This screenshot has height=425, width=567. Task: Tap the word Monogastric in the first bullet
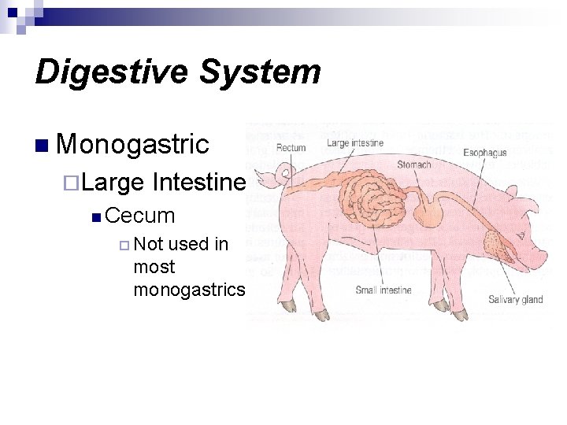[132, 145]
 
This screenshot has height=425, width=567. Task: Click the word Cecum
[139, 215]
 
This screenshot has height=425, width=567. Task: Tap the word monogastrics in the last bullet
[189, 289]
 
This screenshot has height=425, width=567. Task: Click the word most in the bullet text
[154, 267]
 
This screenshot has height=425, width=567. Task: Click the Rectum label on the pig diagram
[291, 147]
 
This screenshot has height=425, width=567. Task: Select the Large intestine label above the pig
[355, 143]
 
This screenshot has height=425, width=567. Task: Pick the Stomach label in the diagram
[413, 164]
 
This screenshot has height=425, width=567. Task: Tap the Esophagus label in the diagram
[484, 153]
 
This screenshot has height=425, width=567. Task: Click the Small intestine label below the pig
[384, 290]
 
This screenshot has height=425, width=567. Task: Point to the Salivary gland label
[515, 299]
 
